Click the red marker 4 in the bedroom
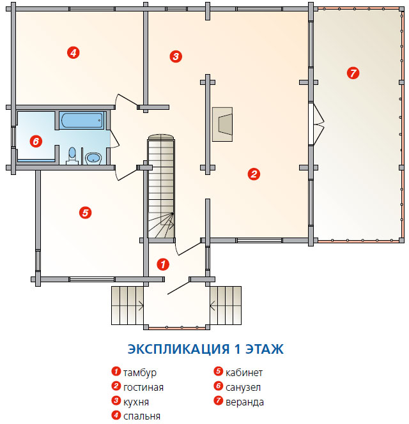pyautogui.click(x=73, y=52)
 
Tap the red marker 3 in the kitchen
pyautogui.click(x=176, y=57)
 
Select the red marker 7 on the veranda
pyautogui.click(x=353, y=73)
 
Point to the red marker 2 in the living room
pyautogui.click(x=254, y=174)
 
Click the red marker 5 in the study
pyautogui.click(x=85, y=213)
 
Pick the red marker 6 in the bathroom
pyautogui.click(x=36, y=141)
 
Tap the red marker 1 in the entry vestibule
pyautogui.click(x=163, y=264)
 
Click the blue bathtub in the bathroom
pyautogui.click(x=82, y=120)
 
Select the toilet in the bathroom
pyautogui.click(x=72, y=156)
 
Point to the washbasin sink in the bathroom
pyautogui.click(x=93, y=158)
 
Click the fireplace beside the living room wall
pyautogui.click(x=222, y=124)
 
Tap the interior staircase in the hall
pyautogui.click(x=161, y=186)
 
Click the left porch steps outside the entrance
pyautogui.click(x=127, y=306)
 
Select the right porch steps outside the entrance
pyautogui.click(x=226, y=306)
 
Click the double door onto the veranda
pyautogui.click(x=316, y=125)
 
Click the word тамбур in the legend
pyautogui.click(x=140, y=373)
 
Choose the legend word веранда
pyautogui.click(x=245, y=402)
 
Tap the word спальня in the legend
pyautogui.click(x=142, y=416)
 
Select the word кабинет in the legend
pyautogui.click(x=244, y=373)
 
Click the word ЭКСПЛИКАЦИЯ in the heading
pyautogui.click(x=179, y=349)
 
